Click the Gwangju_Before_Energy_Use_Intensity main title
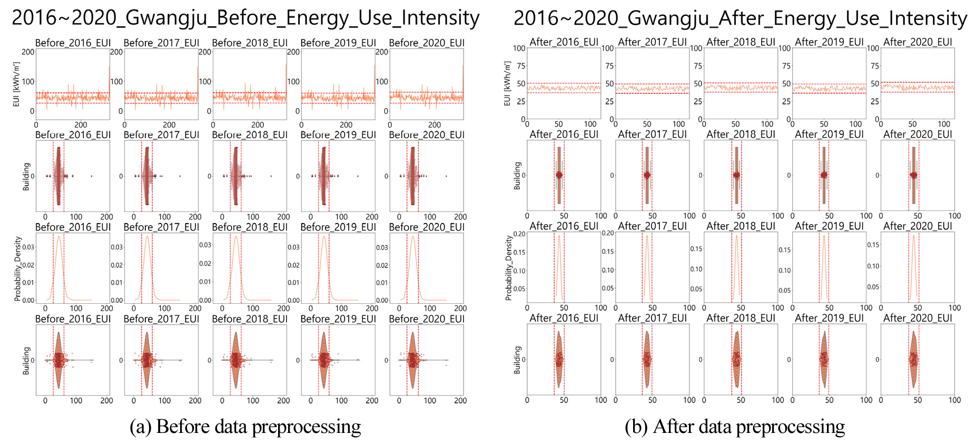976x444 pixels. click(245, 18)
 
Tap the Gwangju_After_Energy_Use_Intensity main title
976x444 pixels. click(740, 18)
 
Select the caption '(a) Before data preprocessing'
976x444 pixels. click(245, 427)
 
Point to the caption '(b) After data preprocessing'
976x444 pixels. click(735, 427)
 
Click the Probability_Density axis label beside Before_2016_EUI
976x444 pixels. click(18, 268)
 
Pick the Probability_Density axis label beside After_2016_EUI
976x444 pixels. click(508, 268)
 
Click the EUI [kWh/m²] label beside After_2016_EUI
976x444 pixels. click(507, 83)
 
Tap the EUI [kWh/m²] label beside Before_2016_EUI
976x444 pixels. click(16, 84)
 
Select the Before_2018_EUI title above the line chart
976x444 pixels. click(250, 43)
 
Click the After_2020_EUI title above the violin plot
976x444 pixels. click(918, 318)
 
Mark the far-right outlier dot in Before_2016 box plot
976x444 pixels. click(91, 176)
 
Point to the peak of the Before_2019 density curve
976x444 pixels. click(324, 236)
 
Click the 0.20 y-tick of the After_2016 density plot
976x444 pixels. click(519, 234)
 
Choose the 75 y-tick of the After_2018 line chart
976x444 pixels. click(698, 66)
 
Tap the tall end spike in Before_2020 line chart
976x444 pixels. click(463, 65)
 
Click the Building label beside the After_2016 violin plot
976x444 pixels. click(517, 360)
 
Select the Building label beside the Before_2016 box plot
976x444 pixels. click(26, 176)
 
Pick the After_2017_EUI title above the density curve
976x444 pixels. click(652, 226)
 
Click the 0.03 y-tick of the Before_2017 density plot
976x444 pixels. click(117, 247)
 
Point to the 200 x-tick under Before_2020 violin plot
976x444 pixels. click(460, 401)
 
